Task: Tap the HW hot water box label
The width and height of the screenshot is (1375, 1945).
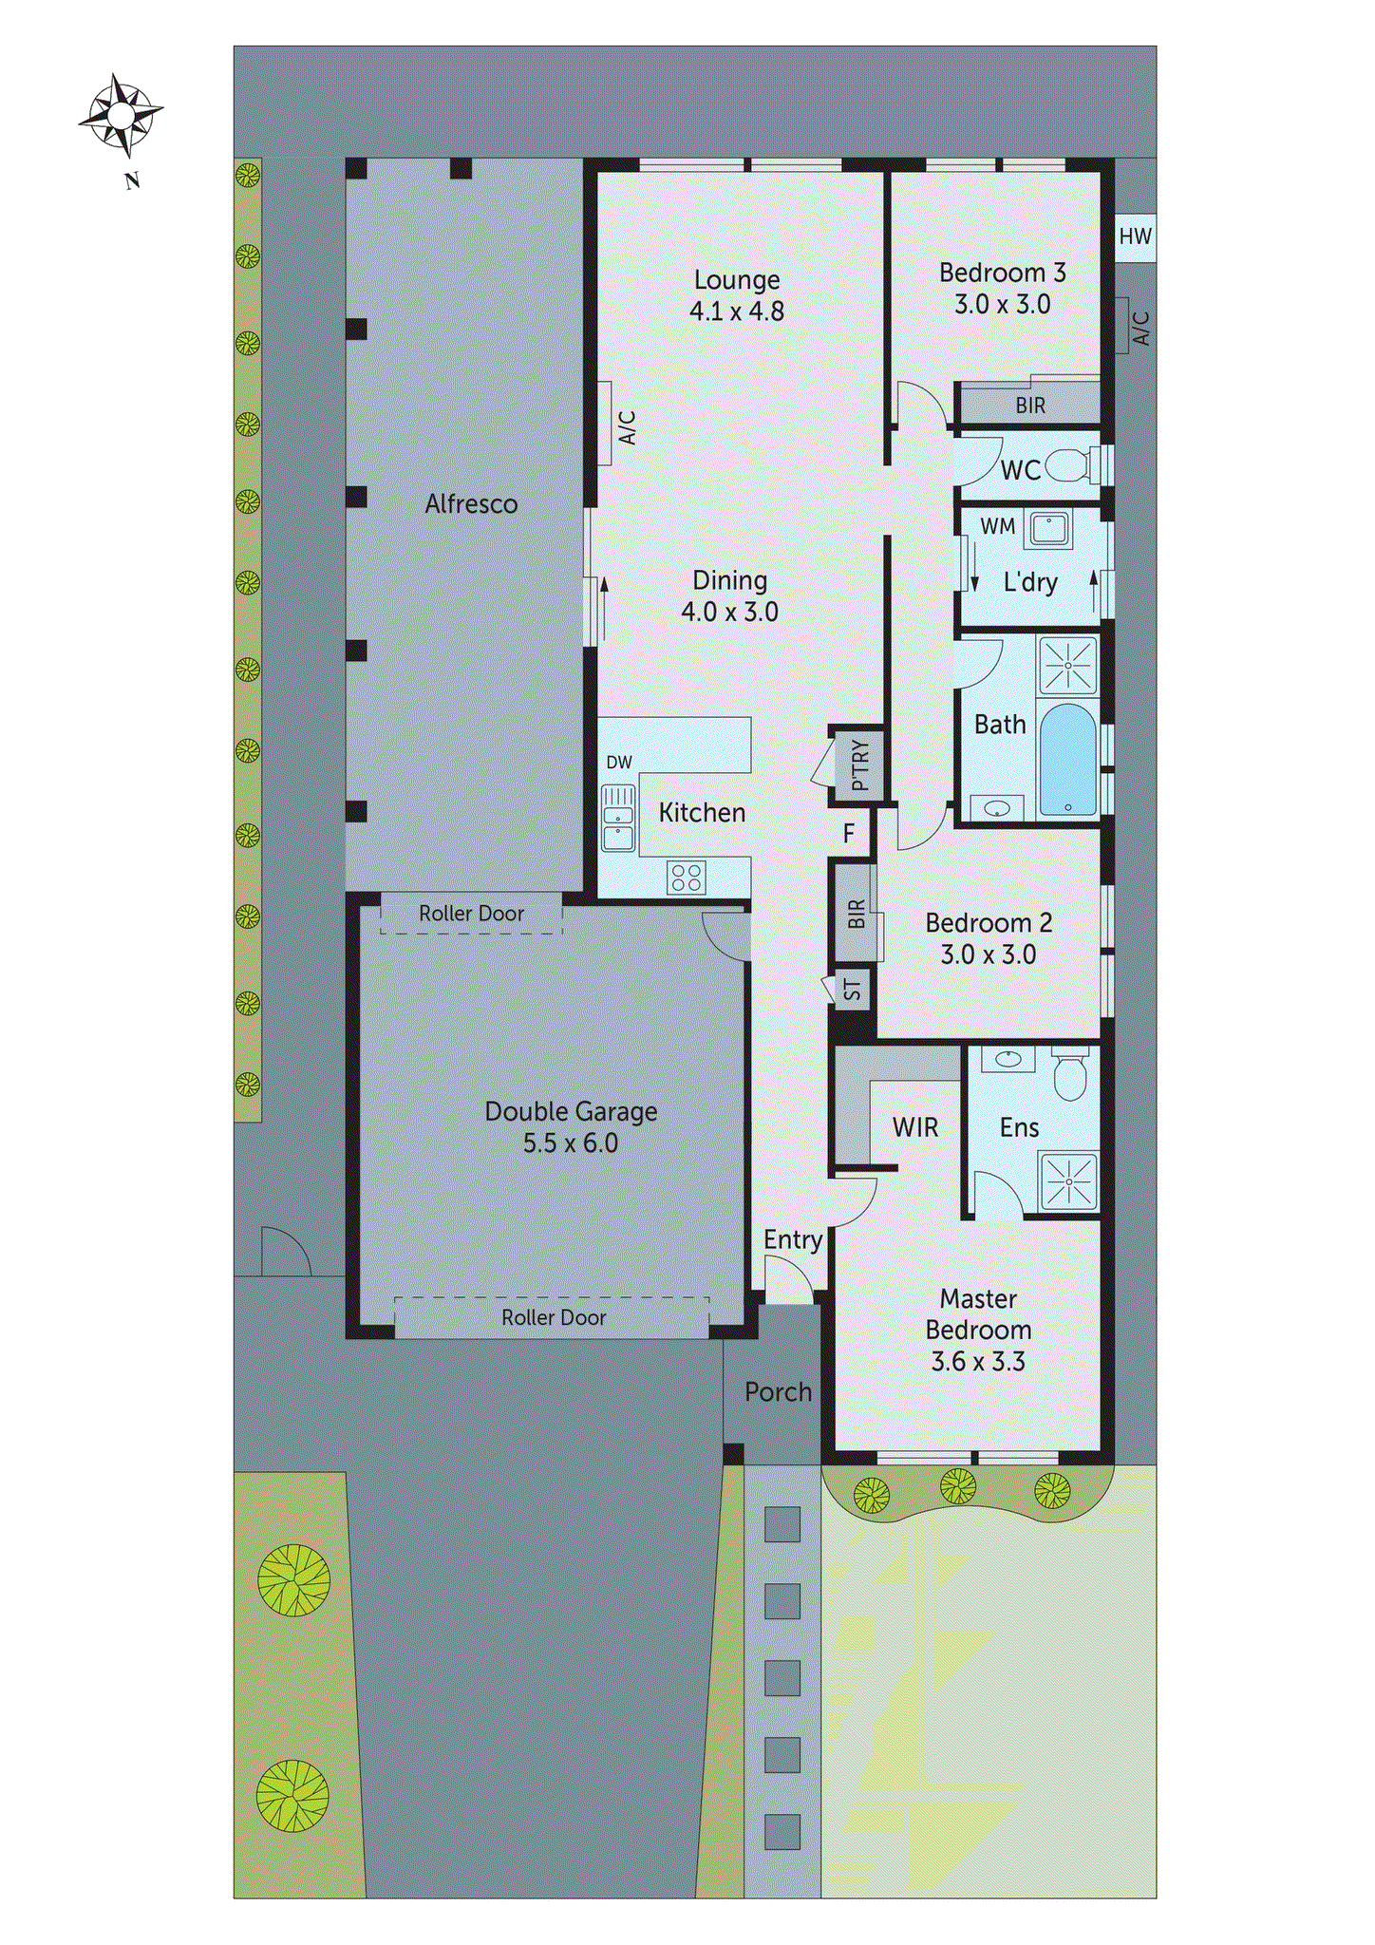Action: [1135, 236]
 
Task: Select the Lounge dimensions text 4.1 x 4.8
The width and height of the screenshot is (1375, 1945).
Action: [736, 312]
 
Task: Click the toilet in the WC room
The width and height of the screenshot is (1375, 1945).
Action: [1073, 466]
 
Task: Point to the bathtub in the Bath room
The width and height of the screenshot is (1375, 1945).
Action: [1068, 760]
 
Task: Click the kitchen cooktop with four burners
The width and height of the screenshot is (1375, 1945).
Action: [686, 877]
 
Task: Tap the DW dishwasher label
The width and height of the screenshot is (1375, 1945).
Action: [619, 763]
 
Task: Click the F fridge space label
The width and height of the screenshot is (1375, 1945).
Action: [849, 834]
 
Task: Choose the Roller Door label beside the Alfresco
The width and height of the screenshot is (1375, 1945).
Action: [471, 914]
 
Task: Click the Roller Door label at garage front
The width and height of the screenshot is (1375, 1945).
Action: [554, 1318]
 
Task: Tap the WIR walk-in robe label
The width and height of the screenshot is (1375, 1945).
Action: [914, 1127]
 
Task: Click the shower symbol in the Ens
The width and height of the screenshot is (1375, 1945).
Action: [1069, 1181]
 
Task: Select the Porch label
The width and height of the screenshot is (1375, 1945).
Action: [778, 1392]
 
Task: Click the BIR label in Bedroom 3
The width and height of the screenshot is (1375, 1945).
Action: [1030, 406]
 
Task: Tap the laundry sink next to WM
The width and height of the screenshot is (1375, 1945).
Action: [1048, 529]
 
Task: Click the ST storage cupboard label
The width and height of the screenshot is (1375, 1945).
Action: [853, 990]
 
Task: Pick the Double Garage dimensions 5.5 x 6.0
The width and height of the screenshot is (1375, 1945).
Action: [570, 1143]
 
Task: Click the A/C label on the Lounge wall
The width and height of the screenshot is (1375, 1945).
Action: [627, 427]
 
